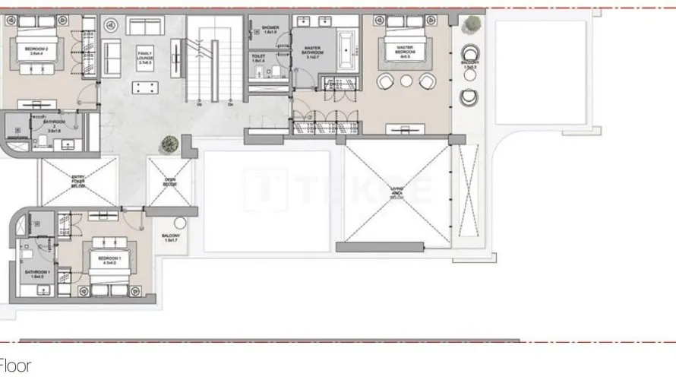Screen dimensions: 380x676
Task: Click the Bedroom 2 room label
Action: click(25, 51)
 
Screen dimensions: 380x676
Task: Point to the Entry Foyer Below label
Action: click(78, 181)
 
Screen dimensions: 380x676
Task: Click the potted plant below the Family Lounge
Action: click(168, 143)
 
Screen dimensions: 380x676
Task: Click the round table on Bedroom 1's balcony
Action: click(180, 223)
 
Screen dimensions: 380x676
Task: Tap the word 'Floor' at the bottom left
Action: click(15, 367)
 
